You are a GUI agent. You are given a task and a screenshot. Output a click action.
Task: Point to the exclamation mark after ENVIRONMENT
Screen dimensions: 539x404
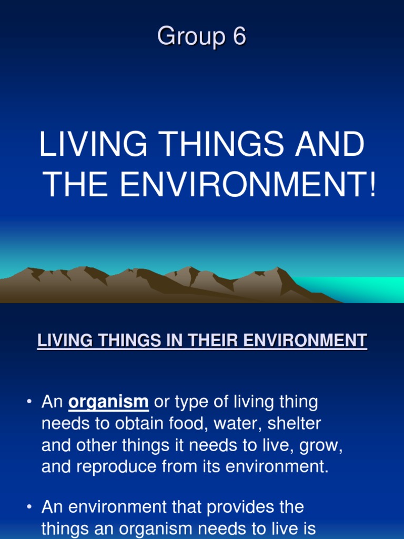[x=372, y=185]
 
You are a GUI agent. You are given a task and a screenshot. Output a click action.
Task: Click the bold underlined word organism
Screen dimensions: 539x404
[x=108, y=403]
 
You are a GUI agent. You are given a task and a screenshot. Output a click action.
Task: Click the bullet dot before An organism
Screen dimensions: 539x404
[x=29, y=403]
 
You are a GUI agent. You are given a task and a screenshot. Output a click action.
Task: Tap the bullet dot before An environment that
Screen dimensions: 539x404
[x=29, y=507]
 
